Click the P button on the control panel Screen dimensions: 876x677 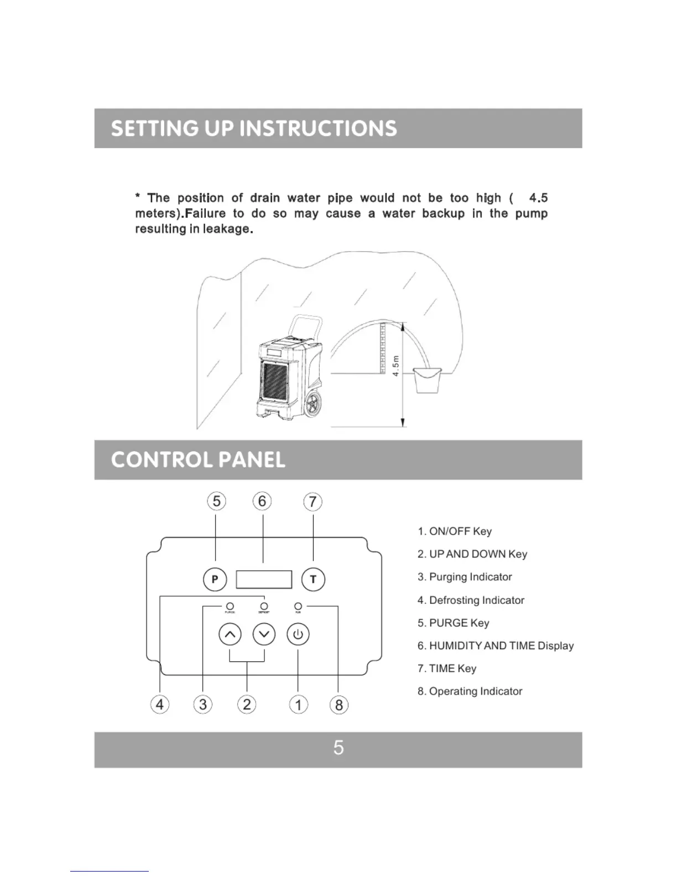(x=215, y=580)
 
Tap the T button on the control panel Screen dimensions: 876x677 (x=313, y=580)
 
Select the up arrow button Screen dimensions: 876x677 (x=230, y=634)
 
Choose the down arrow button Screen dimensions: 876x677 (x=264, y=634)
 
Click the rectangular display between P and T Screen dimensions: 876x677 (x=264, y=580)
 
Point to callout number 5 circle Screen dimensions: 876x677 (x=216, y=502)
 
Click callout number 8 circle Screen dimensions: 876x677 (x=338, y=705)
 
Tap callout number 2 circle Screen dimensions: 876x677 (x=247, y=705)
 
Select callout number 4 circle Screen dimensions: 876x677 (x=160, y=705)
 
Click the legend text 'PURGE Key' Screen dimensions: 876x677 (x=459, y=623)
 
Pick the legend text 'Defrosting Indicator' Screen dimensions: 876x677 (x=476, y=601)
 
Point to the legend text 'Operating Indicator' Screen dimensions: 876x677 (x=475, y=691)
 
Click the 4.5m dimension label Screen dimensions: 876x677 (x=396, y=366)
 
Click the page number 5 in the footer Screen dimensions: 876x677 (x=338, y=748)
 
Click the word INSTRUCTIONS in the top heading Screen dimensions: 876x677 (x=318, y=129)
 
